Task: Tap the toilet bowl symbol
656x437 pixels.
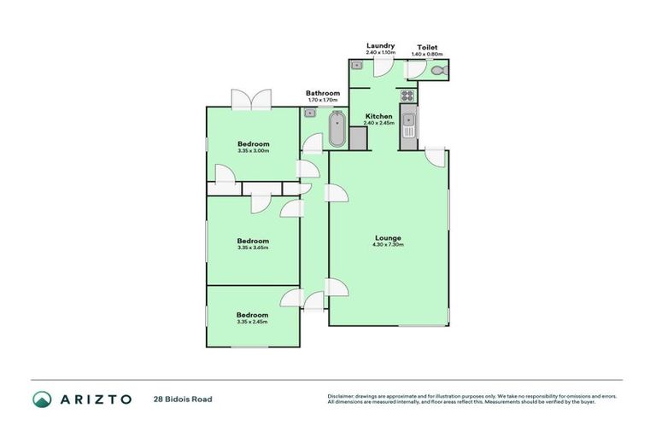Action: [x=439, y=71]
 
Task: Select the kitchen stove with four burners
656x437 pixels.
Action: [x=407, y=96]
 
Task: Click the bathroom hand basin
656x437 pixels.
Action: [x=311, y=113]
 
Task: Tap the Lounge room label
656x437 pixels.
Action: [x=387, y=237]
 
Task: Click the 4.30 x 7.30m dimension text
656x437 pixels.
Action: [x=387, y=245]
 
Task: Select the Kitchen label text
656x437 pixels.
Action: [x=378, y=115]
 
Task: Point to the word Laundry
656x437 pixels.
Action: [x=379, y=45]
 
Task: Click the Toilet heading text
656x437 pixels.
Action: [x=428, y=47]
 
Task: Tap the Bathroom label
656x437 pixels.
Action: [x=323, y=93]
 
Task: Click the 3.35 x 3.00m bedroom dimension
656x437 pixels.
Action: [x=253, y=151]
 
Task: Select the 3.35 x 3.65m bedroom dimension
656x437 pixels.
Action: [x=253, y=248]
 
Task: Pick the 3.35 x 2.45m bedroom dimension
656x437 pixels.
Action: [x=252, y=322]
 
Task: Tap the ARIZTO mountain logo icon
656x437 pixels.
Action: [x=42, y=399]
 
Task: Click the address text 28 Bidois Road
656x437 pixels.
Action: [x=183, y=399]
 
